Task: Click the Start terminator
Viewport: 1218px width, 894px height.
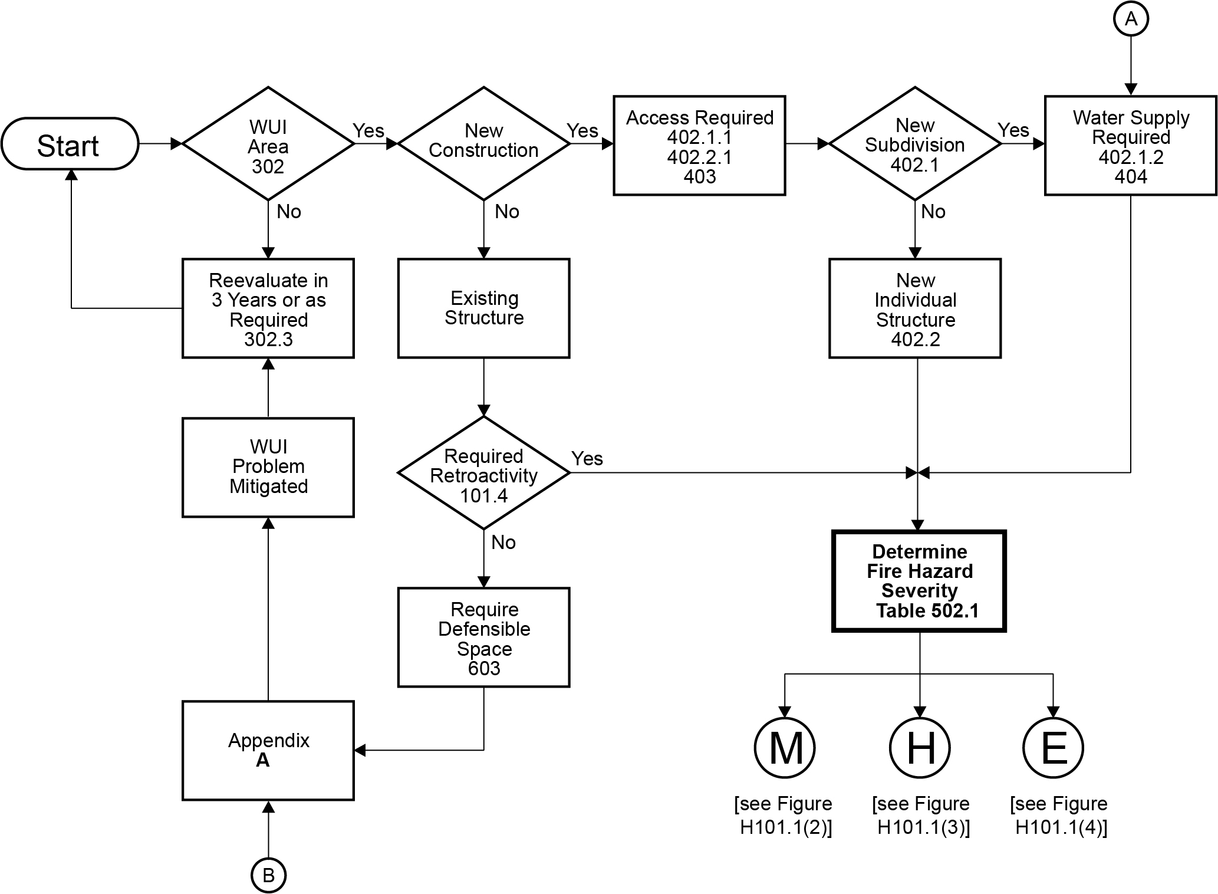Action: click(70, 144)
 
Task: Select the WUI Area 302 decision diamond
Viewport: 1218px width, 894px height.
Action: click(268, 144)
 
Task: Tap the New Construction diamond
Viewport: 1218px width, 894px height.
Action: click(483, 143)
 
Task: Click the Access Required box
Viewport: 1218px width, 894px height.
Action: click(699, 146)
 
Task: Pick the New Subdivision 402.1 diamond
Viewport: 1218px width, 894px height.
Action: click(914, 144)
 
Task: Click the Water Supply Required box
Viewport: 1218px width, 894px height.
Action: click(1130, 146)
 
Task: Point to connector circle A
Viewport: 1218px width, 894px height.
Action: click(1130, 19)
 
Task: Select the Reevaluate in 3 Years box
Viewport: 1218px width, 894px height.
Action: click(268, 308)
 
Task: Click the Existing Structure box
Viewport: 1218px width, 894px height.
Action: click(483, 308)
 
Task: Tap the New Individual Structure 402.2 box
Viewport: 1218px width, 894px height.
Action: click(914, 308)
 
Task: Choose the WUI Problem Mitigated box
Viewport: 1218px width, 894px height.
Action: click(268, 467)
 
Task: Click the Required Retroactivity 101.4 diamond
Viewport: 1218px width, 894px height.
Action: click(483, 473)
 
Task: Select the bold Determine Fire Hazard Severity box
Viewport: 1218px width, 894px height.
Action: click(919, 581)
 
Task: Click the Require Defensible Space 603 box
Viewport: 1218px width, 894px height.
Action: click(483, 637)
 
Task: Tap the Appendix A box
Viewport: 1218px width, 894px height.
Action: click(268, 750)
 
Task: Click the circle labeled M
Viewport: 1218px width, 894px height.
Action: click(785, 747)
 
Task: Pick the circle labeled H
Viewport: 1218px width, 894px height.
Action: click(920, 747)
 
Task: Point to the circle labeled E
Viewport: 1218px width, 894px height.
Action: click(1054, 747)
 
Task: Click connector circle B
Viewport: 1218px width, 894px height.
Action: click(268, 875)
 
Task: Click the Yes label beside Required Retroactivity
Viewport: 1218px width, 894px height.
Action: click(587, 458)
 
